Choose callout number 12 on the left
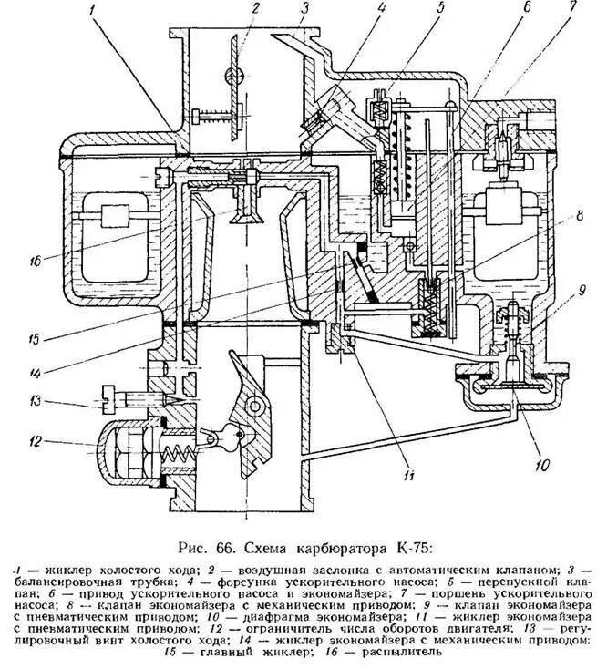[37, 442]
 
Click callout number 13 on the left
[36, 400]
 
